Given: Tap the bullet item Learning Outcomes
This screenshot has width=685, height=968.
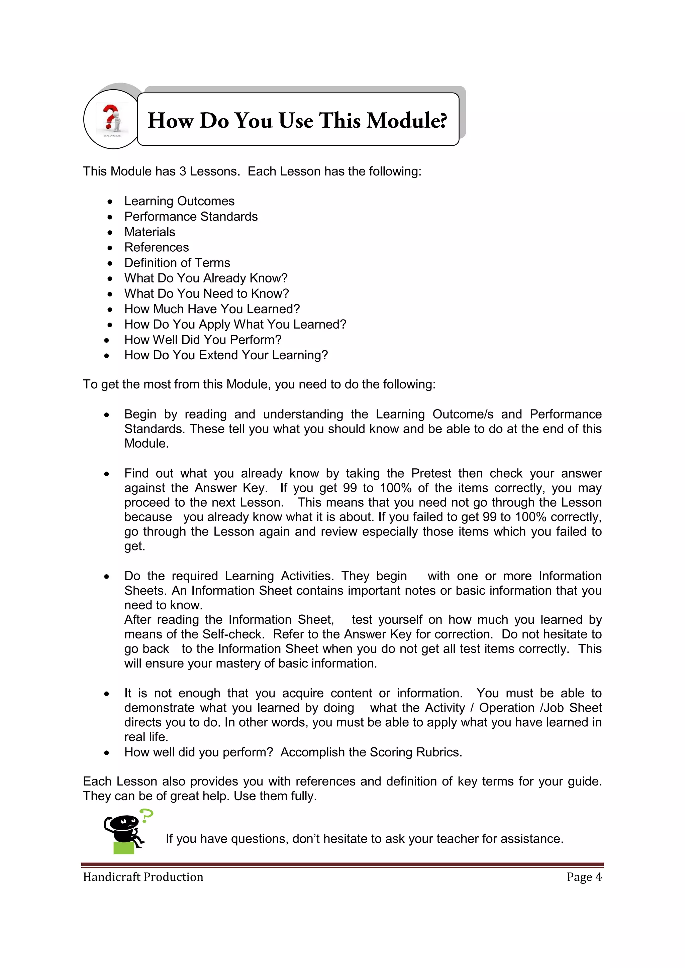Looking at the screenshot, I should pyautogui.click(x=179, y=201).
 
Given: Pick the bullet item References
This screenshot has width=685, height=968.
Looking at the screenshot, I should pyautogui.click(x=157, y=247).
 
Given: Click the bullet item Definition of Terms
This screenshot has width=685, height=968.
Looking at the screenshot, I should pyautogui.click(x=177, y=263).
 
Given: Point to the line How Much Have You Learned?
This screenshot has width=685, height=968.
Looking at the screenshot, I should pyautogui.click(x=212, y=309).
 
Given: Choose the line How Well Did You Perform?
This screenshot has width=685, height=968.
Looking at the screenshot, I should pyautogui.click(x=202, y=340).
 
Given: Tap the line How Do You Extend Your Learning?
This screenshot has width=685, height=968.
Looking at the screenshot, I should pyautogui.click(x=226, y=355).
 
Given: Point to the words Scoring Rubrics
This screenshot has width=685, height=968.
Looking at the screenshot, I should pyautogui.click(x=415, y=752).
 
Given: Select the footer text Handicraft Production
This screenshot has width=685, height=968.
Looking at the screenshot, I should pyautogui.click(x=143, y=877).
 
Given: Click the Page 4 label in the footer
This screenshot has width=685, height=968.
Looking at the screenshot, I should pyautogui.click(x=584, y=877).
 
